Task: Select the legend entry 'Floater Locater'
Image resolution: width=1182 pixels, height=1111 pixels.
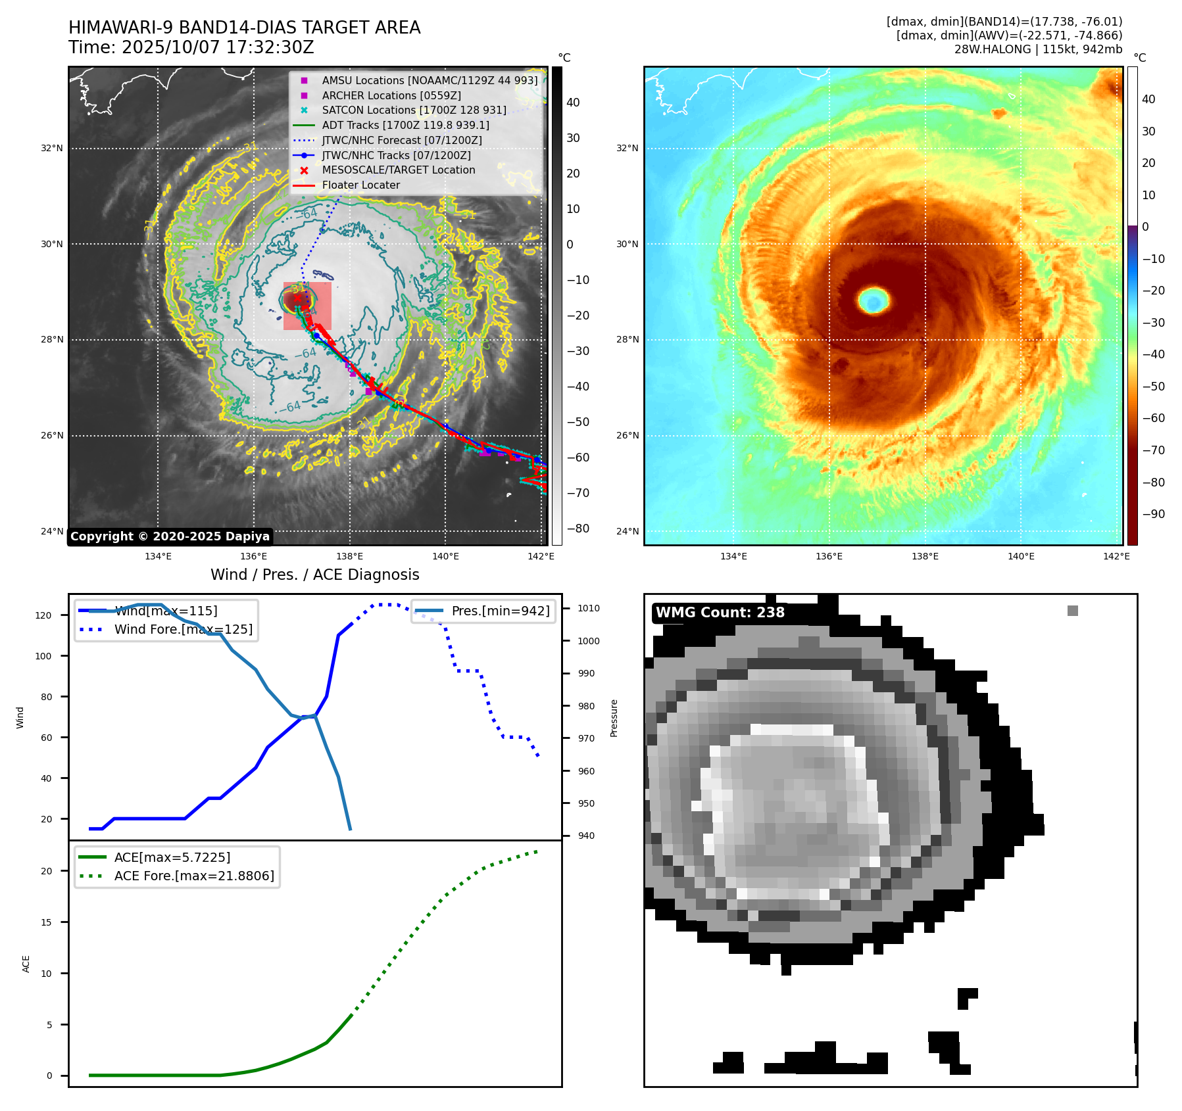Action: coord(360,185)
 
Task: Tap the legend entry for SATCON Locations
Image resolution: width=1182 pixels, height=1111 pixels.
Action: coord(414,110)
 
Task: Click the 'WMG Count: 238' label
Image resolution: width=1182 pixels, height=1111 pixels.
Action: coord(720,613)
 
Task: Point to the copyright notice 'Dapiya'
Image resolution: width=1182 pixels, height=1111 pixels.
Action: coord(170,536)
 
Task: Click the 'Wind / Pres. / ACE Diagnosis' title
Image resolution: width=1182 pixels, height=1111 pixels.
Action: coord(314,575)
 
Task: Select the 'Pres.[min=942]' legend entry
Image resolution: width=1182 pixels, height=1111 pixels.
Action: coord(500,611)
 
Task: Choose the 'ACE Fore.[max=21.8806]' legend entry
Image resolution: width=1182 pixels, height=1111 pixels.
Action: coord(194,876)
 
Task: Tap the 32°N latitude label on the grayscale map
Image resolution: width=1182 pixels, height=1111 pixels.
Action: coord(52,149)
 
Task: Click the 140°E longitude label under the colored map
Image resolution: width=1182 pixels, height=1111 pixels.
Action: coord(1021,557)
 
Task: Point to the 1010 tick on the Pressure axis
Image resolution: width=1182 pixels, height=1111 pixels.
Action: coord(588,608)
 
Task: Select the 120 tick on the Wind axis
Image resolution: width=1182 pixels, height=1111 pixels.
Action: coord(43,615)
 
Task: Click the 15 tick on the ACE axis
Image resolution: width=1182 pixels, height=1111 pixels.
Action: coord(46,922)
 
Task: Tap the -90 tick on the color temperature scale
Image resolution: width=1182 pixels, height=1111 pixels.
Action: coord(1153,514)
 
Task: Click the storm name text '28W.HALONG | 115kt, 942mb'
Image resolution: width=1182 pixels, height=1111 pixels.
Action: coord(1038,49)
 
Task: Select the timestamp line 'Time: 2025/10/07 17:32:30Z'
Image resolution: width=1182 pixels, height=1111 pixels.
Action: coord(191,48)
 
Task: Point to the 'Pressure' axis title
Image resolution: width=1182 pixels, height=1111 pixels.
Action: coord(614,718)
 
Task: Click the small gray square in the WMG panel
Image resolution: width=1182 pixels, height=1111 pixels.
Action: coord(1072,611)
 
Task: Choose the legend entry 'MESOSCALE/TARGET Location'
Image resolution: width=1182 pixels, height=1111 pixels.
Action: coord(398,170)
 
